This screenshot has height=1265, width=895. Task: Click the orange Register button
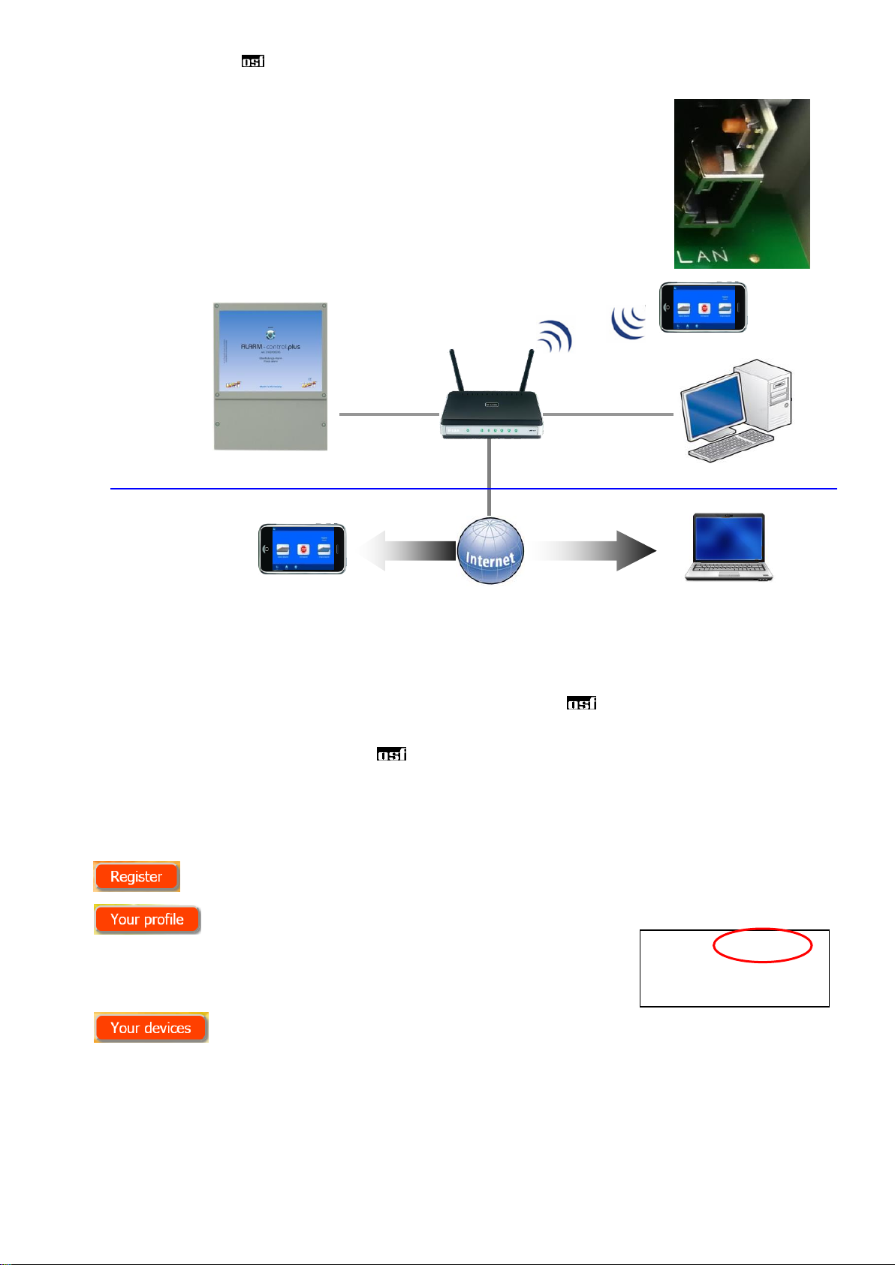pos(136,876)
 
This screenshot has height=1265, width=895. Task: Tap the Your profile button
pos(147,919)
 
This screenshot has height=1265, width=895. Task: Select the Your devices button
pos(150,1027)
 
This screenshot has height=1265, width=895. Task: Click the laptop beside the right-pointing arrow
pos(728,547)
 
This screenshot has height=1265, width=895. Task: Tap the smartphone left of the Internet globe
pos(302,550)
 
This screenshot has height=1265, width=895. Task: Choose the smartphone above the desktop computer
pos(703,307)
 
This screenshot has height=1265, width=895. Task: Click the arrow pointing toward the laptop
pos(593,551)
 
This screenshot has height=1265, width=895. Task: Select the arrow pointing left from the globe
pos(405,551)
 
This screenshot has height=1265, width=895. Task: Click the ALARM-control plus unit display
pos(270,350)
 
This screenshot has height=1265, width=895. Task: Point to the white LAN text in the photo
pos(702,257)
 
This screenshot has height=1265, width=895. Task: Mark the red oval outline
pos(762,946)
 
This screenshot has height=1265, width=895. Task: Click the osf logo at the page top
pos(252,62)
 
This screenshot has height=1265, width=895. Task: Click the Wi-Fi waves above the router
pos(556,336)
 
